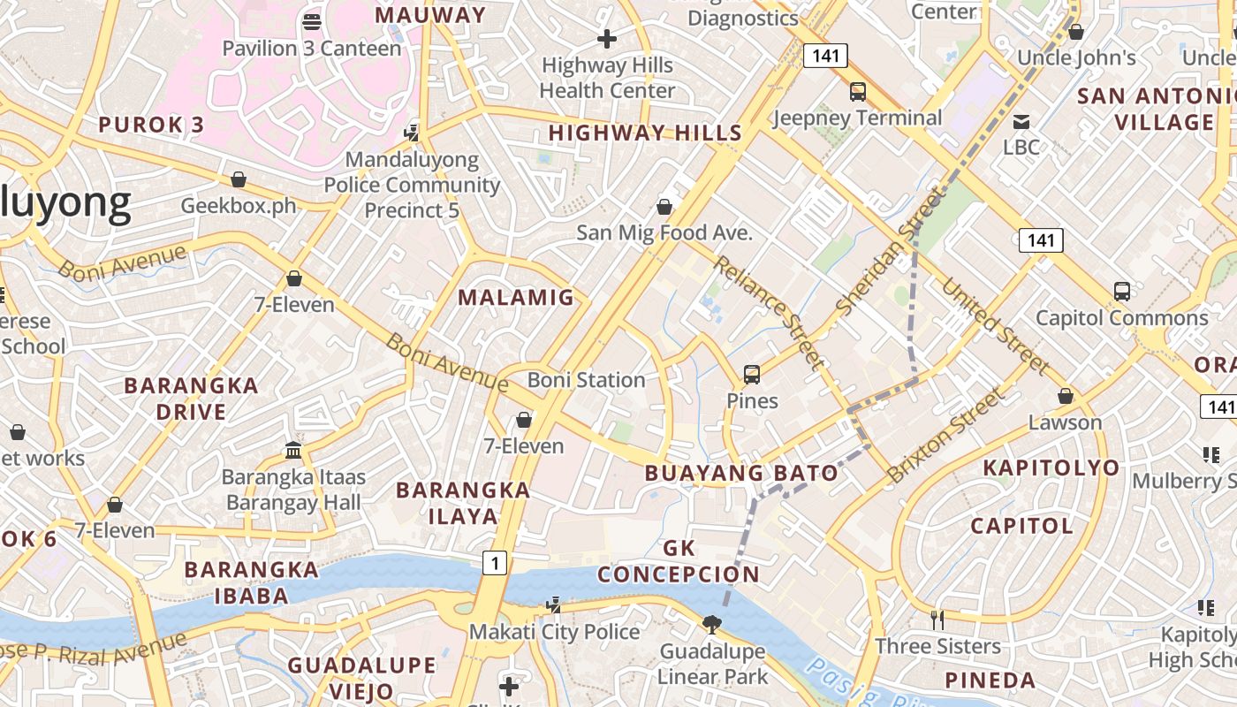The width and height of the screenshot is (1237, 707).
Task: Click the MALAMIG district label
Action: [516, 298]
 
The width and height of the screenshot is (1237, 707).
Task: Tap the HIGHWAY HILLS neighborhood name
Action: [645, 133]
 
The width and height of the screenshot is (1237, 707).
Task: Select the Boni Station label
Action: [586, 380]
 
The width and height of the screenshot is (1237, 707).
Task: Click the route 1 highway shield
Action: [495, 562]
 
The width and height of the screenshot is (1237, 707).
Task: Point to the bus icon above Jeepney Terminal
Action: [857, 91]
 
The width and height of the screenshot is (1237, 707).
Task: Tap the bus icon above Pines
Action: [752, 375]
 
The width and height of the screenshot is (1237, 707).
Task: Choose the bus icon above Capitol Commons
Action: [1121, 291]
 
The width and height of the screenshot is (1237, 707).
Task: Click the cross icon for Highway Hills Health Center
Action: [607, 39]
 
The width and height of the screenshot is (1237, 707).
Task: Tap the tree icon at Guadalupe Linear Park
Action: [711, 625]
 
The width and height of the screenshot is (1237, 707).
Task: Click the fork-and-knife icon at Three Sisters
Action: [937, 620]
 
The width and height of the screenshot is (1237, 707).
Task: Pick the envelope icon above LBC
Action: [1021, 121]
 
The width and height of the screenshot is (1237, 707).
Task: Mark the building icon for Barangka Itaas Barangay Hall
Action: [293, 451]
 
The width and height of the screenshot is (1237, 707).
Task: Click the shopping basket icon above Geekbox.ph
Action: [238, 179]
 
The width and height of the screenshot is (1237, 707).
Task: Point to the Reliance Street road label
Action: [769, 311]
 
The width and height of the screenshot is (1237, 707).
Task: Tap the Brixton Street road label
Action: [945, 435]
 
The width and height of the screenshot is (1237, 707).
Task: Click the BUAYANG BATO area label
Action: [741, 474]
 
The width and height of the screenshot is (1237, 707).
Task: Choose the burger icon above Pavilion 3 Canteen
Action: [311, 21]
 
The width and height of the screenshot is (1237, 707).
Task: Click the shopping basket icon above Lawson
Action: [1066, 396]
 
